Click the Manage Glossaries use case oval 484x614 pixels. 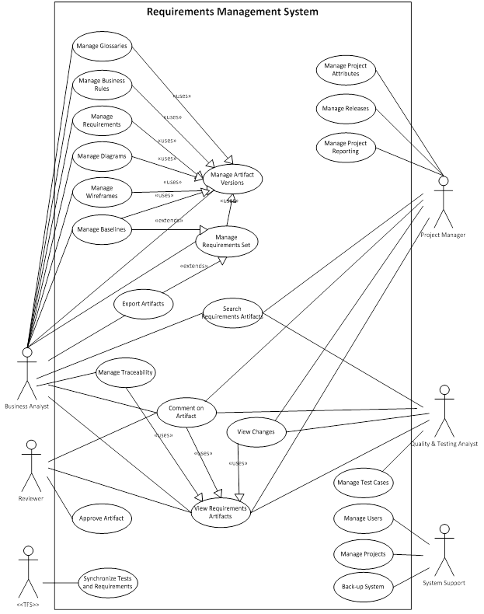pyautogui.click(x=101, y=46)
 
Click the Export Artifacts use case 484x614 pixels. pyautogui.click(x=143, y=303)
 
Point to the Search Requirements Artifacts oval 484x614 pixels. pyautogui.click(x=232, y=312)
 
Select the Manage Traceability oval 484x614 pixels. pyautogui.click(x=126, y=373)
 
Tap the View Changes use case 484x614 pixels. pyautogui.click(x=256, y=431)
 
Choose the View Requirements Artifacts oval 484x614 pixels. pyautogui.click(x=221, y=512)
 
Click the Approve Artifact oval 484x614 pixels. pyautogui.click(x=100, y=517)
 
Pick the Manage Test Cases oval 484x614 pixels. pyautogui.click(x=363, y=483)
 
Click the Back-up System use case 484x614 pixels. pyautogui.click(x=363, y=586)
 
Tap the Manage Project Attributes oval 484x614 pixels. pyautogui.click(x=346, y=69)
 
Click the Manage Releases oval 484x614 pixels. pyautogui.click(x=346, y=108)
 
